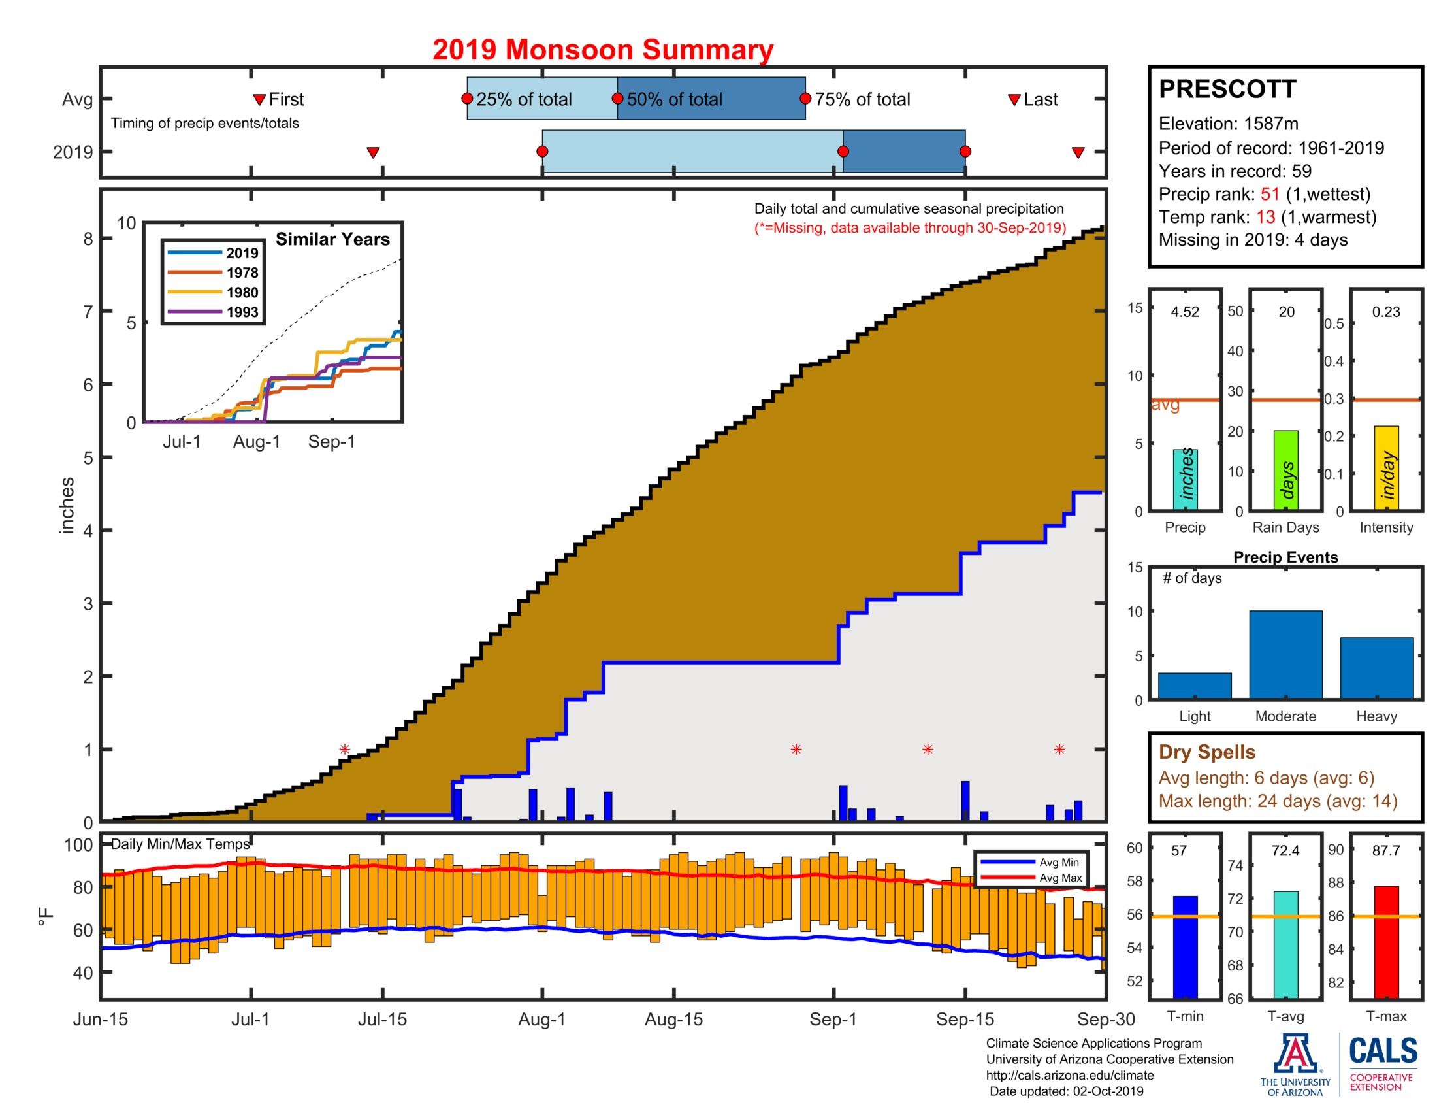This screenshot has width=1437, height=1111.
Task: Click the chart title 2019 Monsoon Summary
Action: tap(602, 50)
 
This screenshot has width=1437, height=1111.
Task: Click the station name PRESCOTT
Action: tap(1227, 89)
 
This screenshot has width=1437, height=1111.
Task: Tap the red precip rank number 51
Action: tap(1270, 194)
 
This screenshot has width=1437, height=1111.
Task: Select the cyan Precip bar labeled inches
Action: tap(1185, 479)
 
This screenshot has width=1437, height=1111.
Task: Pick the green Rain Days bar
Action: tap(1285, 470)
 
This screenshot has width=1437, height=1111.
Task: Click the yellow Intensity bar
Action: tap(1385, 467)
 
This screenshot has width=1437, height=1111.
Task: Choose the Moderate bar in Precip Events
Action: tap(1285, 654)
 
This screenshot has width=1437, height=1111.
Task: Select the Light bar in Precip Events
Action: tap(1194, 685)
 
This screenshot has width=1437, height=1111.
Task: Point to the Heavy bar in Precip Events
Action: tap(1376, 667)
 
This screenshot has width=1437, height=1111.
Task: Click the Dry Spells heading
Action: tap(1206, 752)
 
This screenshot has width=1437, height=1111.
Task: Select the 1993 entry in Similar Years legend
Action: tap(242, 312)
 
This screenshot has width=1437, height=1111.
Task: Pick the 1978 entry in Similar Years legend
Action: tap(242, 273)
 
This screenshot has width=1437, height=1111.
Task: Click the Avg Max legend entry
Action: tap(1060, 877)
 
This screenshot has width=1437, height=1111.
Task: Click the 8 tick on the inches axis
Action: tap(88, 239)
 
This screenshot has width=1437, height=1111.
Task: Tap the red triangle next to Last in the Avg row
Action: tap(1014, 99)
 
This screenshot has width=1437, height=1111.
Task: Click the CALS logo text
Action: tap(1383, 1050)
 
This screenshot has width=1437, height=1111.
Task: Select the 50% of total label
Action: tap(674, 99)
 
